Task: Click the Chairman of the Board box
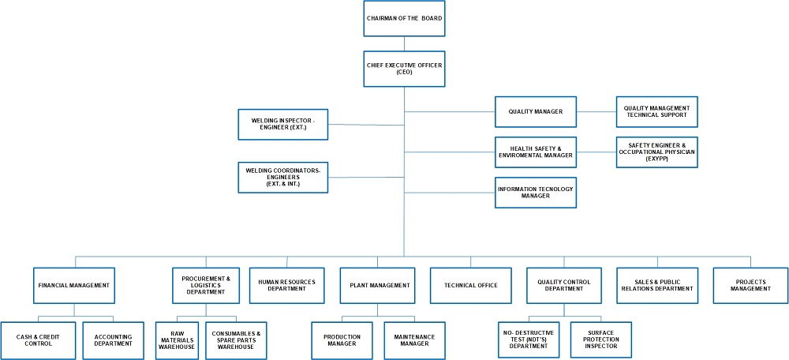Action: pos(403,18)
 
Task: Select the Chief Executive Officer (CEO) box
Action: pos(403,68)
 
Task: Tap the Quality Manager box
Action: pos(536,111)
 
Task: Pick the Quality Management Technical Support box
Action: pos(656,111)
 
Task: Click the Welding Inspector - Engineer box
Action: pos(282,124)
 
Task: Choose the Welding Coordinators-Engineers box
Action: pos(282,178)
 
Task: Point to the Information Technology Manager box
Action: pos(536,192)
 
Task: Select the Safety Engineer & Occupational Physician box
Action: pos(656,152)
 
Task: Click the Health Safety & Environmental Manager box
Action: pos(536,152)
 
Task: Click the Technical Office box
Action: pos(471,285)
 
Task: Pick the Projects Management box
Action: pos(750,285)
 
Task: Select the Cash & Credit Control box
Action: pos(38,340)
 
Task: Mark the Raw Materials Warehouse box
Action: pos(176,340)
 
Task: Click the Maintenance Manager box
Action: pos(414,340)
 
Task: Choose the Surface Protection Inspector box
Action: pos(602,340)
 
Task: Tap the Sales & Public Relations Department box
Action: pos(657,285)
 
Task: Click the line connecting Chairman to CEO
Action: pos(403,43)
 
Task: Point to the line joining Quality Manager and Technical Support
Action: pos(596,111)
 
